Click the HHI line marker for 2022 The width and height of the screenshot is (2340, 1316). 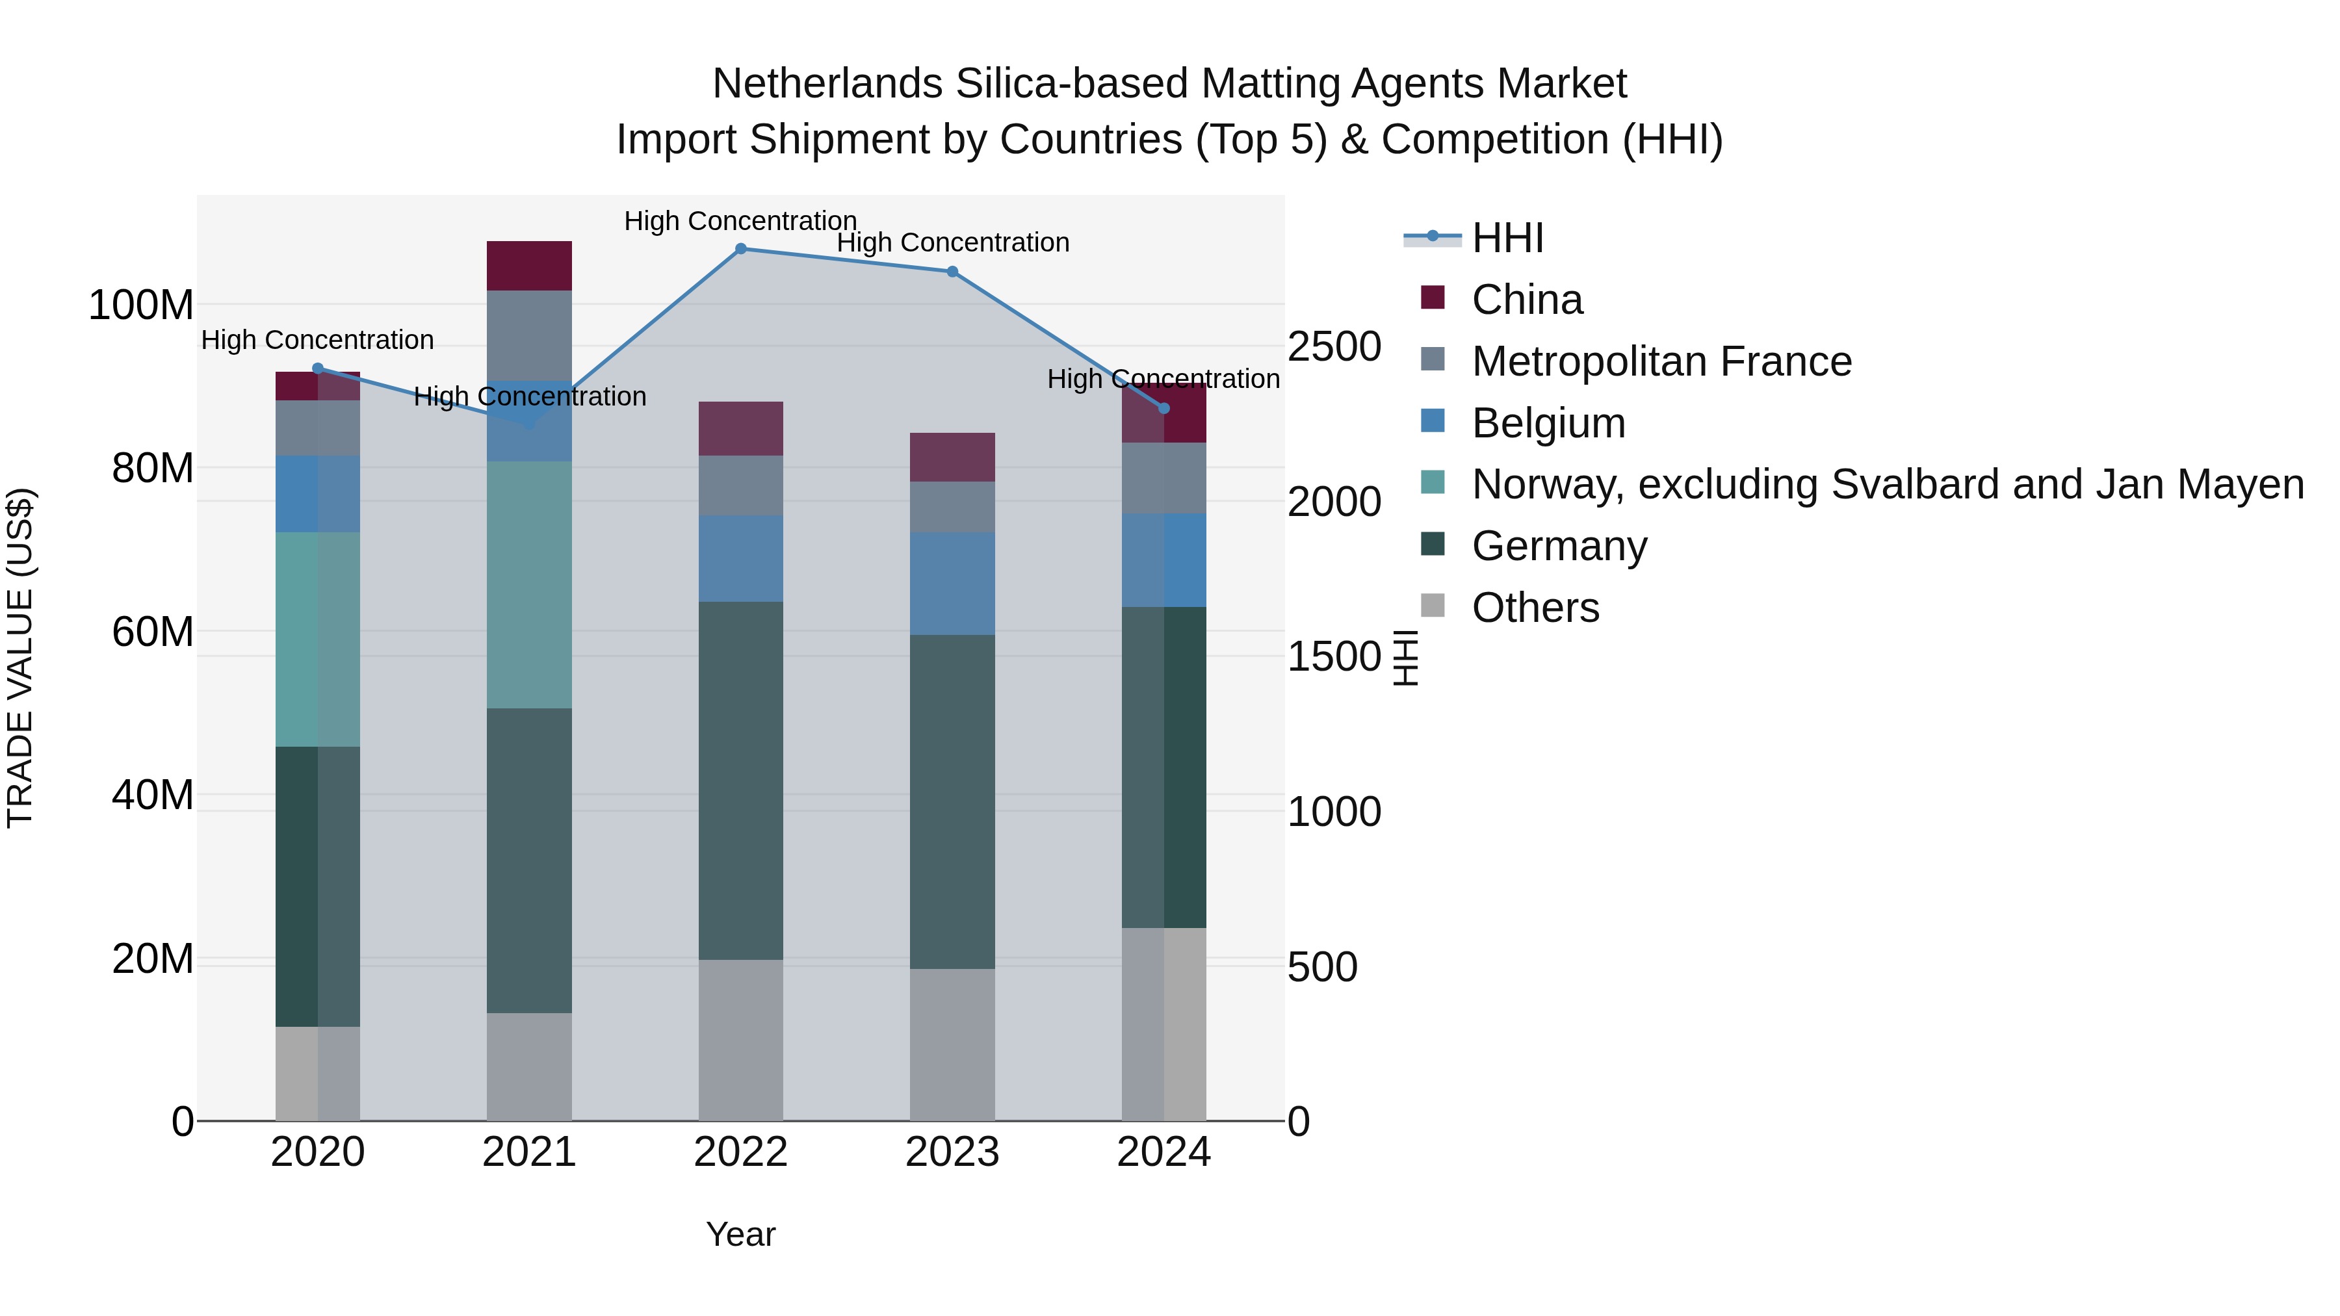pos(740,249)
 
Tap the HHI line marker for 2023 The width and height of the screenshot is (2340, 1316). pos(952,272)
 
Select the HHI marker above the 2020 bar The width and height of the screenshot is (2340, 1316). pos(318,368)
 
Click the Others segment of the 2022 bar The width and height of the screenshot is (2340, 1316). pos(740,1040)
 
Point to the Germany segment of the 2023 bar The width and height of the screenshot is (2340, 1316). pos(952,801)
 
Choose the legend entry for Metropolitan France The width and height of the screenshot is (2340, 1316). pos(1661,361)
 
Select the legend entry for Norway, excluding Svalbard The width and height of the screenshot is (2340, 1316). pos(1887,484)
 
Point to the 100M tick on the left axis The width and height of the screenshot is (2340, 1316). pos(141,305)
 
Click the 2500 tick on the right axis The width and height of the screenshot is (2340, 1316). pos(1334,347)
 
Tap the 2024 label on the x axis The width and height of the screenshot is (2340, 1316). pos(1163,1152)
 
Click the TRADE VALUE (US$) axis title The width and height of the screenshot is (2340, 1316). pos(20,658)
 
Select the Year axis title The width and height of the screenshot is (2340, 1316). pos(740,1234)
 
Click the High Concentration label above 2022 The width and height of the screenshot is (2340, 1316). pos(740,221)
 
